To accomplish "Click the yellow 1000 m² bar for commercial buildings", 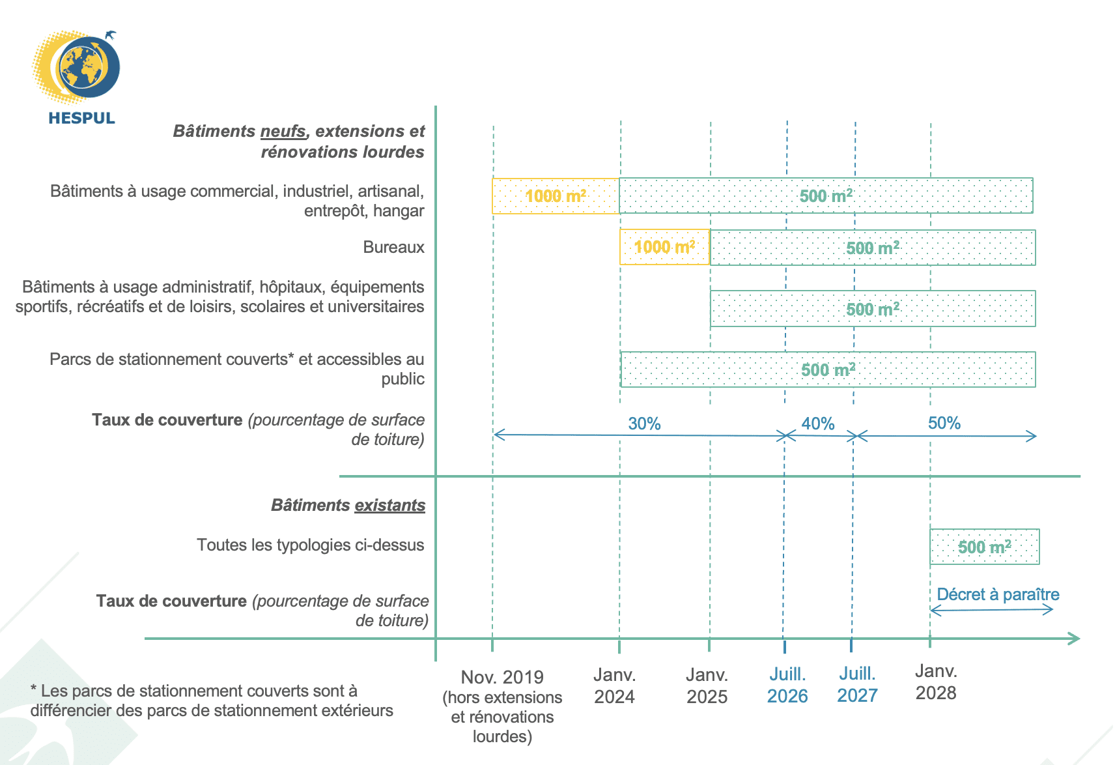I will pyautogui.click(x=555, y=195).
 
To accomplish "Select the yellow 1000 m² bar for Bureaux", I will pyautogui.click(x=664, y=247).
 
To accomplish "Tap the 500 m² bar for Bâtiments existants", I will pyautogui.click(x=984, y=547).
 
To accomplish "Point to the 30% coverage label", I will pyautogui.click(x=644, y=424).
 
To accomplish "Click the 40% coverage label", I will pyautogui.click(x=817, y=424).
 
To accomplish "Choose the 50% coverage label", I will pyautogui.click(x=944, y=423).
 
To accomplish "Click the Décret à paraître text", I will pyautogui.click(x=998, y=594).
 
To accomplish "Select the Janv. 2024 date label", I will pyautogui.click(x=614, y=685).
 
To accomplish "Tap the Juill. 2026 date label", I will pyautogui.click(x=787, y=685).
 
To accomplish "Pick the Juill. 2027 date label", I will pyautogui.click(x=857, y=684).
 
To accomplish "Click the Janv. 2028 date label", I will pyautogui.click(x=936, y=682).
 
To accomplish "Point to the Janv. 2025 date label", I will pyautogui.click(x=707, y=685).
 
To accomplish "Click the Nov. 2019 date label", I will pyautogui.click(x=502, y=678).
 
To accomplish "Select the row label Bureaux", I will pyautogui.click(x=393, y=247).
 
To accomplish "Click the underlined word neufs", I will pyautogui.click(x=283, y=131).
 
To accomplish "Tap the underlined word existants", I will pyautogui.click(x=389, y=505).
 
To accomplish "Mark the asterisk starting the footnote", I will pyautogui.click(x=33, y=688).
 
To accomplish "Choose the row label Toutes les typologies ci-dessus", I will pyautogui.click(x=310, y=545).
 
